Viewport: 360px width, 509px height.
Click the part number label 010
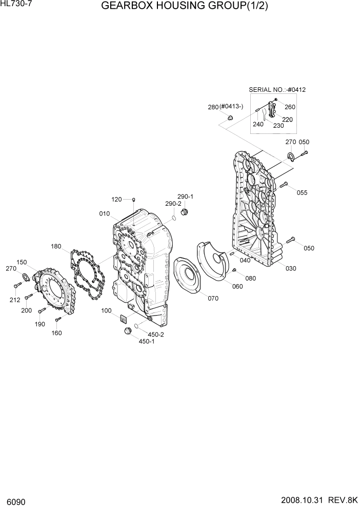click(105, 213)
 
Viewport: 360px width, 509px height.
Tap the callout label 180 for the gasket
click(56, 247)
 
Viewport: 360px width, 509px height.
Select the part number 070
click(213, 298)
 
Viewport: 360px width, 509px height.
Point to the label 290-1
click(185, 197)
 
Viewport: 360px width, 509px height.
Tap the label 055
click(302, 192)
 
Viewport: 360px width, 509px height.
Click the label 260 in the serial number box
click(290, 107)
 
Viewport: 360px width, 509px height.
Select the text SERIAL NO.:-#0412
click(277, 90)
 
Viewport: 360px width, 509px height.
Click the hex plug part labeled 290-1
click(185, 212)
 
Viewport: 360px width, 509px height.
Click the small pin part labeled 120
click(133, 199)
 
